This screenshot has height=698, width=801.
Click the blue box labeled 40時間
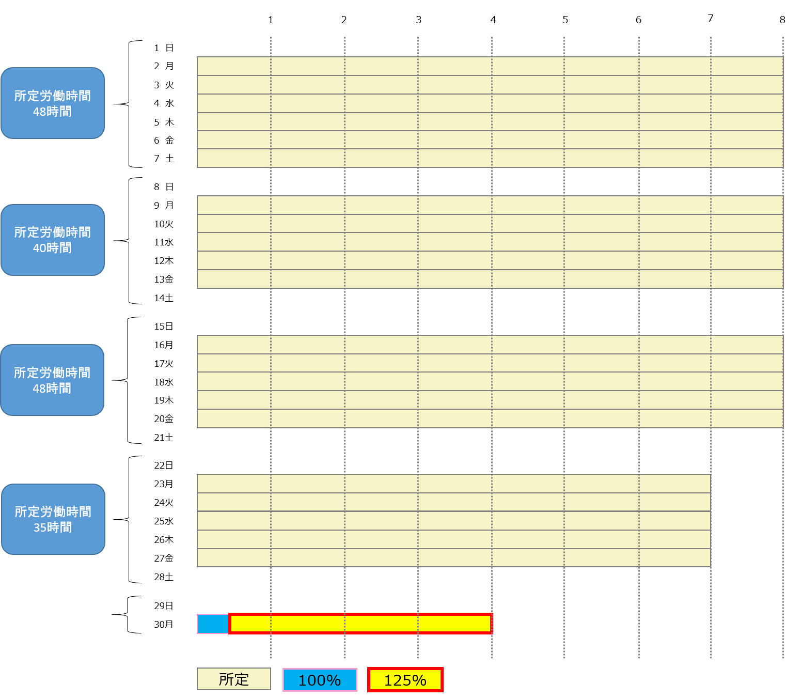pyautogui.click(x=53, y=240)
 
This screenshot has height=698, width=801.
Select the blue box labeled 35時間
pyautogui.click(x=53, y=519)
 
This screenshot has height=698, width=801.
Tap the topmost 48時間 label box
pyautogui.click(x=53, y=103)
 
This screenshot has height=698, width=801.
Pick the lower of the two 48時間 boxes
pyautogui.click(x=52, y=380)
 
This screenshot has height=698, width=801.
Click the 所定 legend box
pyautogui.click(x=234, y=679)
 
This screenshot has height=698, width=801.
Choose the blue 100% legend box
pyautogui.click(x=320, y=680)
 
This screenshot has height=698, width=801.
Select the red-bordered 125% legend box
pyautogui.click(x=405, y=680)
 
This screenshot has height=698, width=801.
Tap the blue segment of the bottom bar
pyautogui.click(x=213, y=624)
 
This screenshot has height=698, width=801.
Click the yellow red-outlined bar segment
pyautogui.click(x=360, y=624)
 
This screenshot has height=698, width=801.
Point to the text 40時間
pyautogui.click(x=52, y=248)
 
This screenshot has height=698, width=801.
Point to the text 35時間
pyautogui.click(x=53, y=528)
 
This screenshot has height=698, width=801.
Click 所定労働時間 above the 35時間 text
pyautogui.click(x=53, y=511)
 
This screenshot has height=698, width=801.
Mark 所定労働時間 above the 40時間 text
pyautogui.click(x=53, y=232)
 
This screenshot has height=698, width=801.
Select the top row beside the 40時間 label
pyautogui.click(x=490, y=205)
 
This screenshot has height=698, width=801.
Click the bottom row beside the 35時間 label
pyautogui.click(x=454, y=558)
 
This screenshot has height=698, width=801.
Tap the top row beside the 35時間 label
pyautogui.click(x=454, y=484)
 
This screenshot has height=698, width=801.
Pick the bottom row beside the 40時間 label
pyautogui.click(x=490, y=279)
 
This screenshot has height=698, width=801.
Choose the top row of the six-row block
pyautogui.click(x=490, y=66)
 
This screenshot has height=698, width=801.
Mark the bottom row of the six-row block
pyautogui.click(x=490, y=158)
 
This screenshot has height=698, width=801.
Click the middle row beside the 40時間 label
pyautogui.click(x=490, y=242)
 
